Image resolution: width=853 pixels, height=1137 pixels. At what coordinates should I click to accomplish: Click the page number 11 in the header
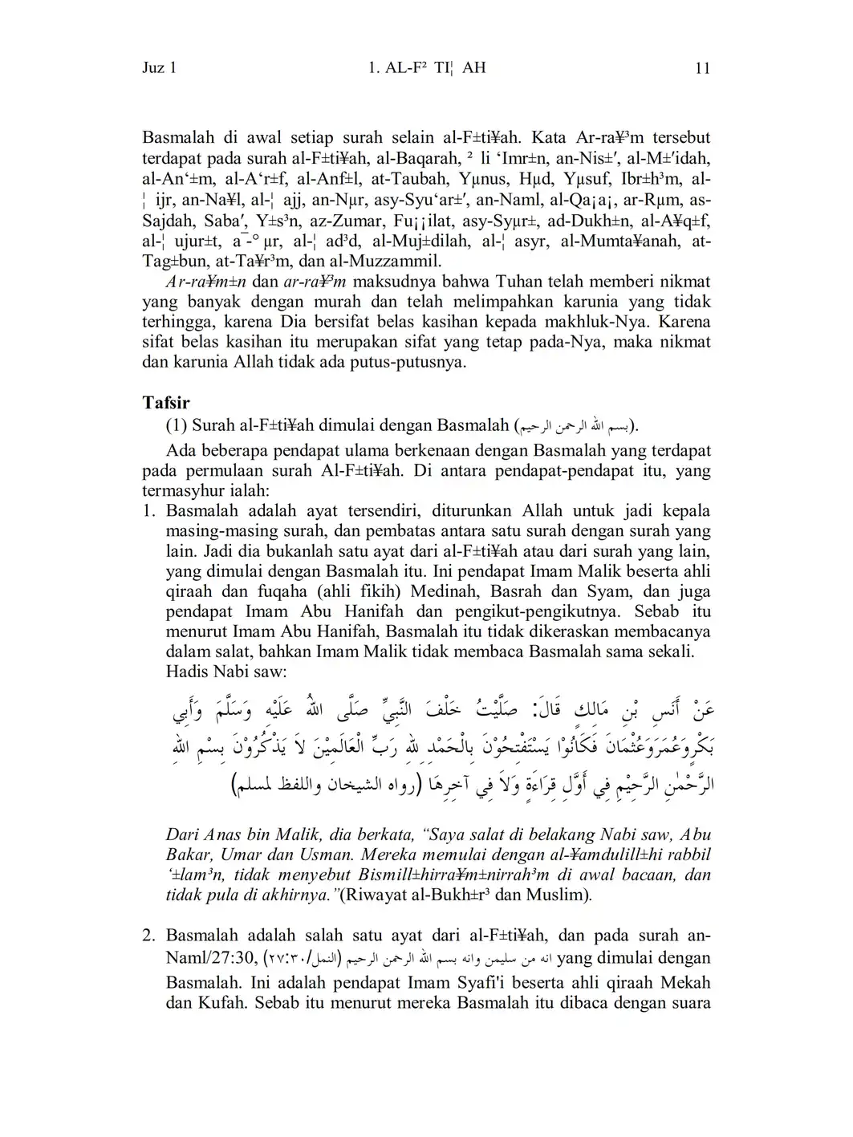[702, 68]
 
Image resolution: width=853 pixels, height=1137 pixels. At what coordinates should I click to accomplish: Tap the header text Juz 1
[160, 68]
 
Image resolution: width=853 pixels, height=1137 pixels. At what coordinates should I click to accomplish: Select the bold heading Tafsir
[166, 402]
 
